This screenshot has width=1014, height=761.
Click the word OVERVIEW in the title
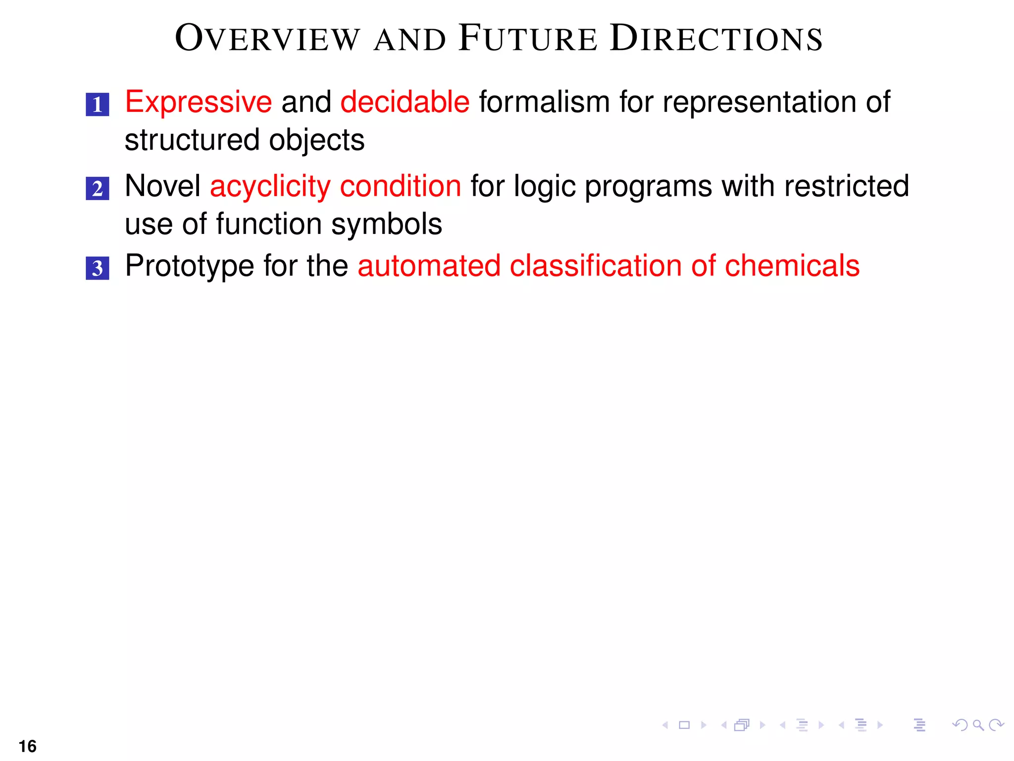point(267,38)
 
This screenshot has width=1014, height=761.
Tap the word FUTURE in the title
point(528,38)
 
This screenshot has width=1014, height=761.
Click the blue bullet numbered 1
point(98,105)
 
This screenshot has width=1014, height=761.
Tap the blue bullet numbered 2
point(98,189)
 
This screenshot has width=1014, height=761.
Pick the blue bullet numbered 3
point(98,268)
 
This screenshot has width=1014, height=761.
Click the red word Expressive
point(199,102)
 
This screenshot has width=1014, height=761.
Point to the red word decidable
point(405,102)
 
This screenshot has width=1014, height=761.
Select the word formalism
point(544,102)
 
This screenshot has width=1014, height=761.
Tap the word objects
point(317,140)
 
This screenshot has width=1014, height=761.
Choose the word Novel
point(162,186)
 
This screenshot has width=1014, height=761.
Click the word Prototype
point(190,266)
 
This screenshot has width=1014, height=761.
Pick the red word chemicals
point(792,266)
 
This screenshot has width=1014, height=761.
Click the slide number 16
point(28,746)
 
